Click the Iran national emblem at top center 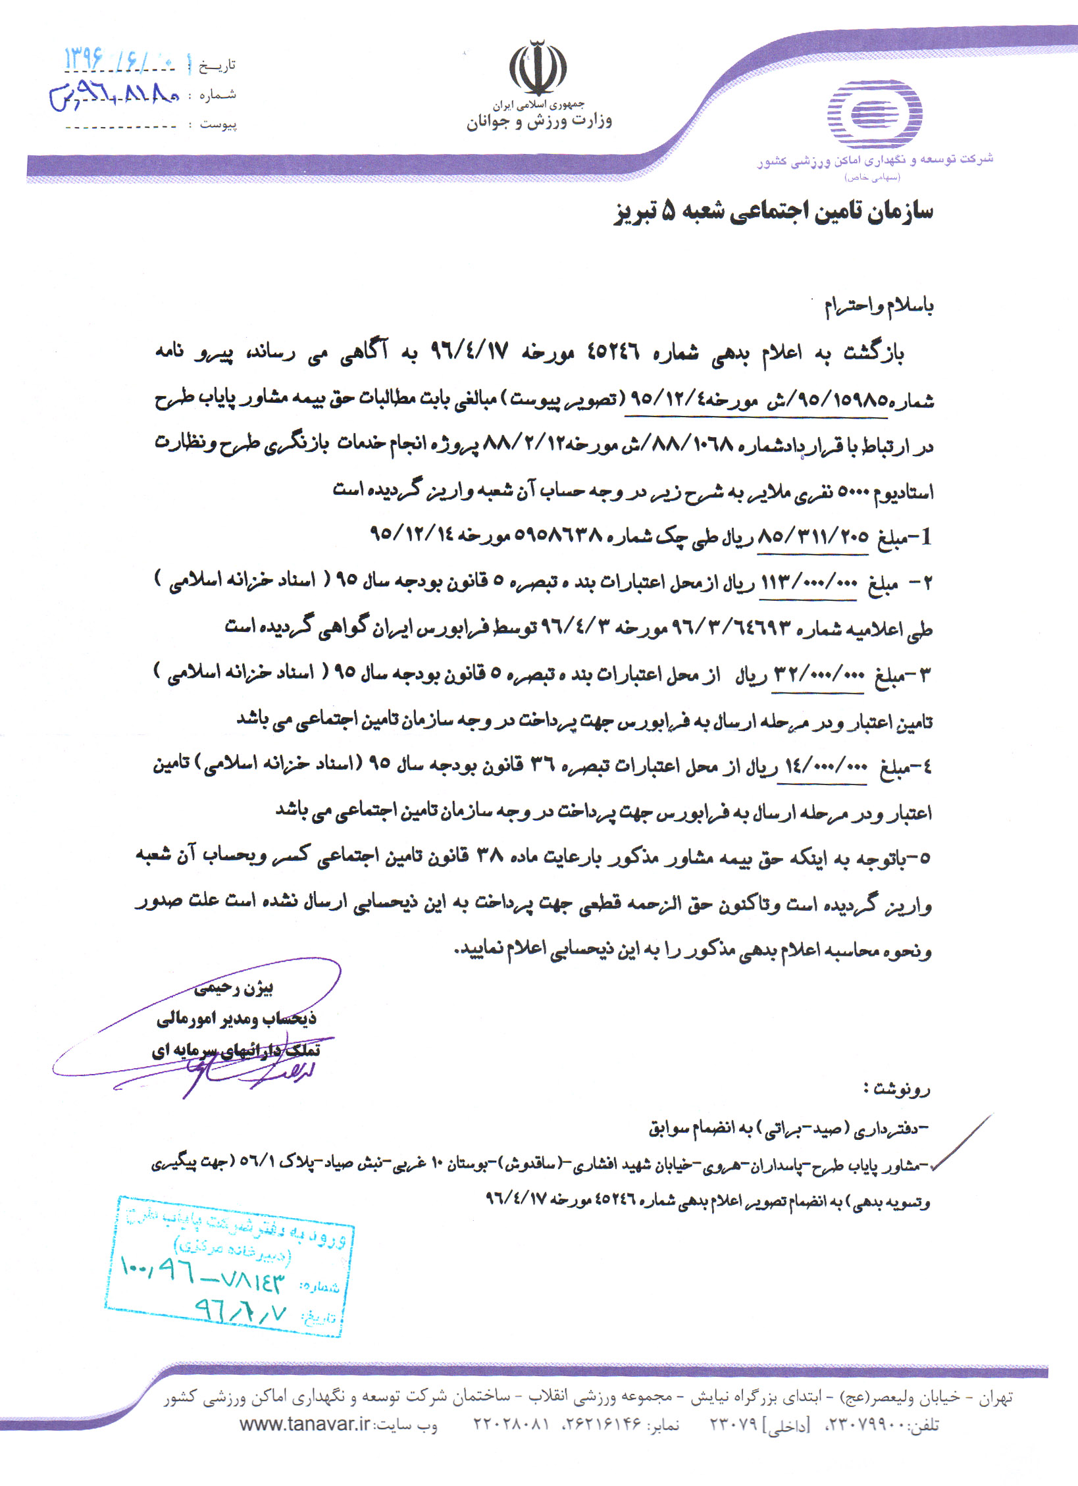[x=538, y=69]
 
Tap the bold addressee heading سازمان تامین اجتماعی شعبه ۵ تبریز [x=773, y=211]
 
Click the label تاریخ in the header [x=217, y=65]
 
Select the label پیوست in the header [x=218, y=124]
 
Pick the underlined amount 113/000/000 [x=809, y=583]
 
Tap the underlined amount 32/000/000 [x=818, y=675]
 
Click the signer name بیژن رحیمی [x=234, y=988]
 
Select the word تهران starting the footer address [x=995, y=1398]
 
